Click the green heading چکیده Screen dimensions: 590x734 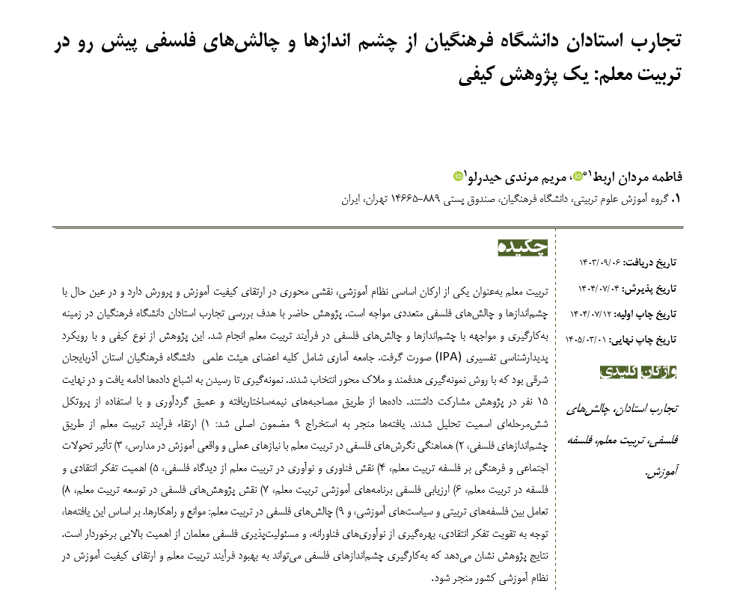click(x=523, y=248)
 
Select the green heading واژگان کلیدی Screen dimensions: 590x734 click(x=638, y=371)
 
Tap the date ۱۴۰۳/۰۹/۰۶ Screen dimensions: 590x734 click(x=600, y=262)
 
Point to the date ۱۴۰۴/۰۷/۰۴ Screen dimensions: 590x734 click(x=599, y=288)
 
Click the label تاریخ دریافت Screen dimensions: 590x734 click(x=651, y=262)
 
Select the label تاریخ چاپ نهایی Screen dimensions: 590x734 click(x=644, y=339)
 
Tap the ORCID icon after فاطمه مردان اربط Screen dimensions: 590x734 click(x=578, y=176)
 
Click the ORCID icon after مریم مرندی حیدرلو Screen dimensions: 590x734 click(x=459, y=176)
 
